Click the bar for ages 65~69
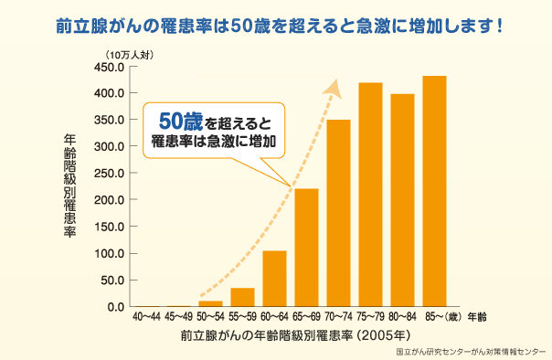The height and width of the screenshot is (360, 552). [306, 248]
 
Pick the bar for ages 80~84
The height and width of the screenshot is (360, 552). [402, 200]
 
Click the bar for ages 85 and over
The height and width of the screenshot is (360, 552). [434, 191]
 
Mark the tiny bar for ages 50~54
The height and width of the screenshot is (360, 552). [210, 303]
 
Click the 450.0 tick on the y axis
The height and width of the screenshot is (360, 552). [109, 67]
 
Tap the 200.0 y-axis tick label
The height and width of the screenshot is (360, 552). [109, 200]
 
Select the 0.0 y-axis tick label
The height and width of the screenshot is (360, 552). [114, 307]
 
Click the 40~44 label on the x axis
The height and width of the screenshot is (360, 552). [146, 317]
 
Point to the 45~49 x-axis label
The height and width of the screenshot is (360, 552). [178, 317]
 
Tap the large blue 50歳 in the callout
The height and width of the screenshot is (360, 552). [180, 120]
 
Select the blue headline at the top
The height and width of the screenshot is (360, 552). [276, 23]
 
